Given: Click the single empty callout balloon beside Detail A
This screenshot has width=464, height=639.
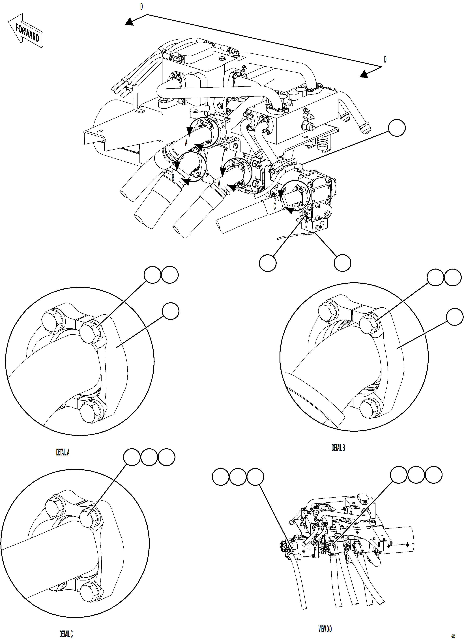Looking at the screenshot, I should coord(170,311).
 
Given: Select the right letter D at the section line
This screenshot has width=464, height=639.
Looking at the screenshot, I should coord(385,59).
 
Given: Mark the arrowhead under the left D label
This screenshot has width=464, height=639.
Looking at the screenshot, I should coord(129,22).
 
